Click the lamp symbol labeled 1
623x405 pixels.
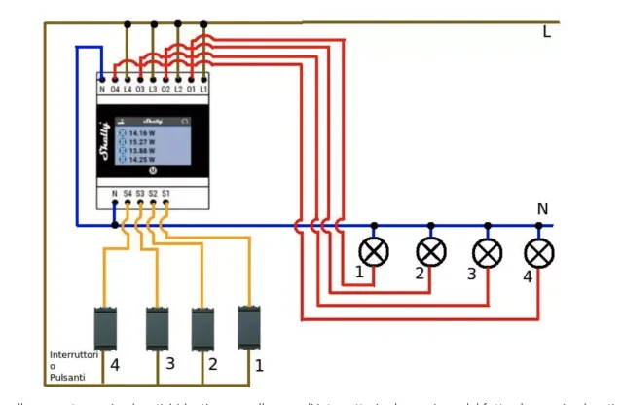click(x=374, y=251)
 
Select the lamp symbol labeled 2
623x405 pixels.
click(x=431, y=251)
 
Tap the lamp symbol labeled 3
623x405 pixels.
click(x=488, y=252)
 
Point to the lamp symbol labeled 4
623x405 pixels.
click(x=538, y=253)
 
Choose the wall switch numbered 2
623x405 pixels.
click(x=203, y=328)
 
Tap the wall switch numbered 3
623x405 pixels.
click(x=158, y=328)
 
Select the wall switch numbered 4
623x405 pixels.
click(x=105, y=328)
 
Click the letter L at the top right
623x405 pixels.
click(x=546, y=33)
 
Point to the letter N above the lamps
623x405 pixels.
click(x=542, y=209)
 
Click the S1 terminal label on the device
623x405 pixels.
click(x=166, y=194)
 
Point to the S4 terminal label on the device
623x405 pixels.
click(x=128, y=194)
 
